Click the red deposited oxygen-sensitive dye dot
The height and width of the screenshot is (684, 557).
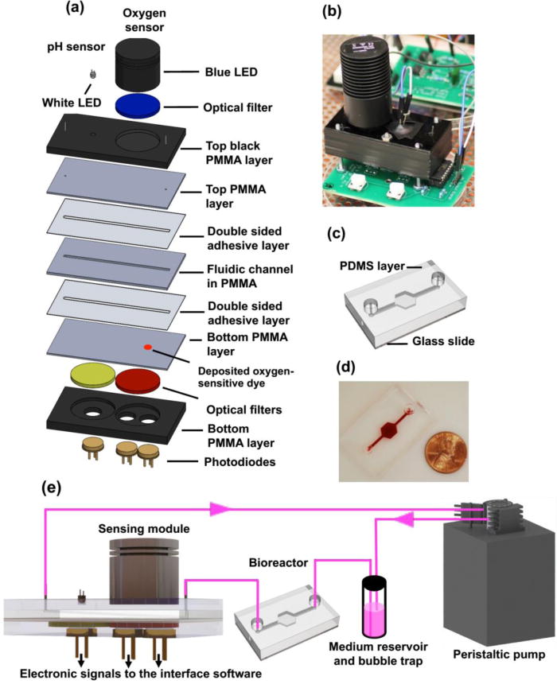(148, 347)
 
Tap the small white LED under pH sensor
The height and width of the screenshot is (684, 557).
(93, 74)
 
